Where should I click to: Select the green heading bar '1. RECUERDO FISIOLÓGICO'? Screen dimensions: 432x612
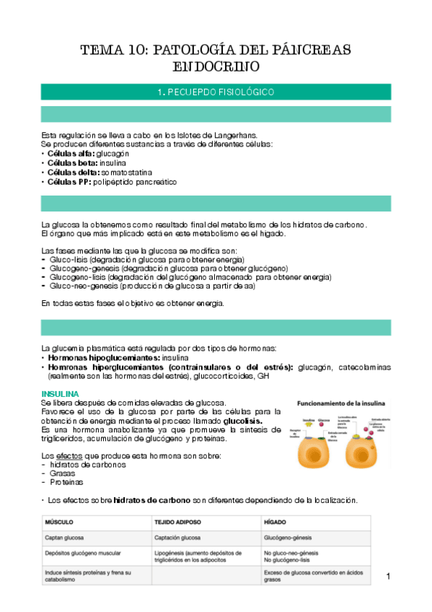pyautogui.click(x=216, y=92)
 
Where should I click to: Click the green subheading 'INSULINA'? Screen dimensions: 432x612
pyautogui.click(x=61, y=393)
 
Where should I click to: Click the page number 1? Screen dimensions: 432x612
pyautogui.click(x=388, y=576)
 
